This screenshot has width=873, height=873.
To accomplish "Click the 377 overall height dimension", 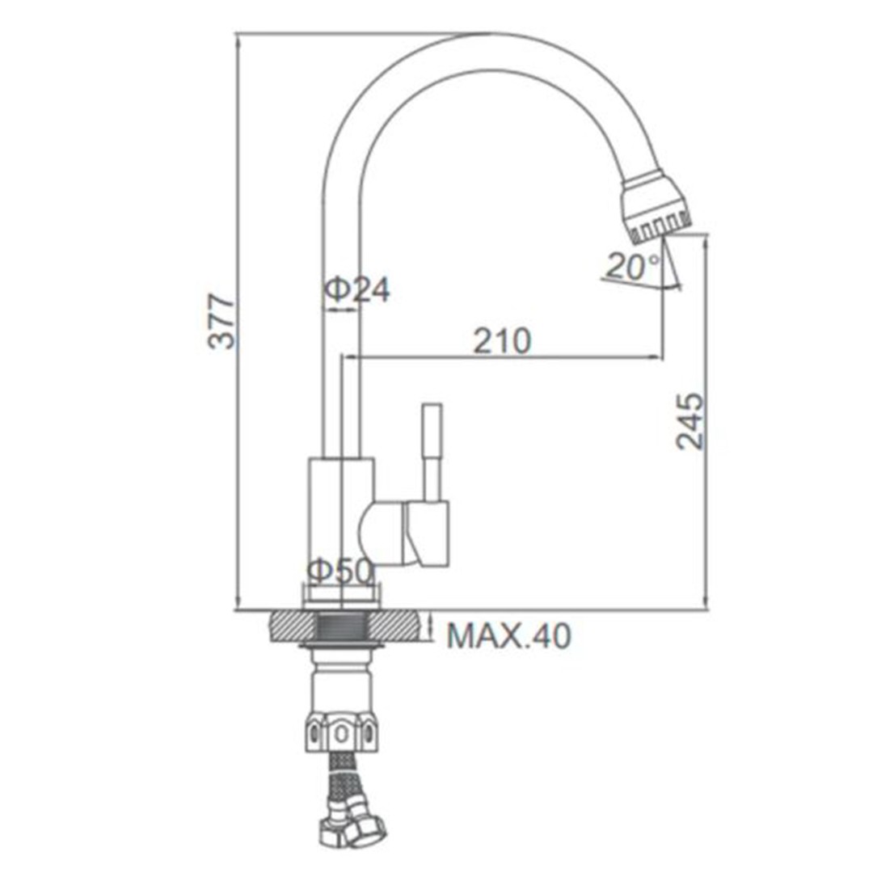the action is point(221,323).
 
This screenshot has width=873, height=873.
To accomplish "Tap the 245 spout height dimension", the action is point(690,421).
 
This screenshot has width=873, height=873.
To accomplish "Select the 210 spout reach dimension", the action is point(502,341).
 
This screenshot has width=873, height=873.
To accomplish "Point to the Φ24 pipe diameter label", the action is point(357,289).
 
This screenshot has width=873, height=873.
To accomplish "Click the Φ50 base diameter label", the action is point(340,571).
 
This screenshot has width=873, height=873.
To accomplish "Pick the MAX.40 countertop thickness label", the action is point(509,636).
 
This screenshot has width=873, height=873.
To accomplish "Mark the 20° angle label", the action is point(633,266).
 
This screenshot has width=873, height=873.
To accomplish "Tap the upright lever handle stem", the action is point(432,452).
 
